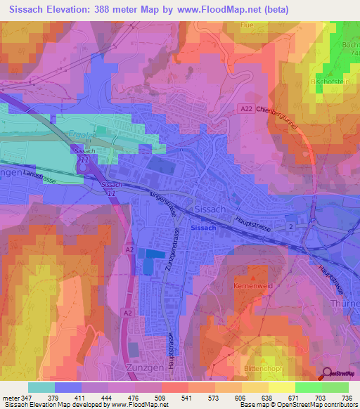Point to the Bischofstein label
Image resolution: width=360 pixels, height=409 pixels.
pyautogui.click(x=330, y=81)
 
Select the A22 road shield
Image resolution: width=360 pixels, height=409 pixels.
pyautogui.click(x=244, y=109)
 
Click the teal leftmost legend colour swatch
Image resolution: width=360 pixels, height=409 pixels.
pyautogui.click(x=41, y=387)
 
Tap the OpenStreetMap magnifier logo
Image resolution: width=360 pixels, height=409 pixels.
pyautogui.click(x=327, y=375)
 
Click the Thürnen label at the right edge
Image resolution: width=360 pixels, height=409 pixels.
pyautogui.click(x=345, y=304)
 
